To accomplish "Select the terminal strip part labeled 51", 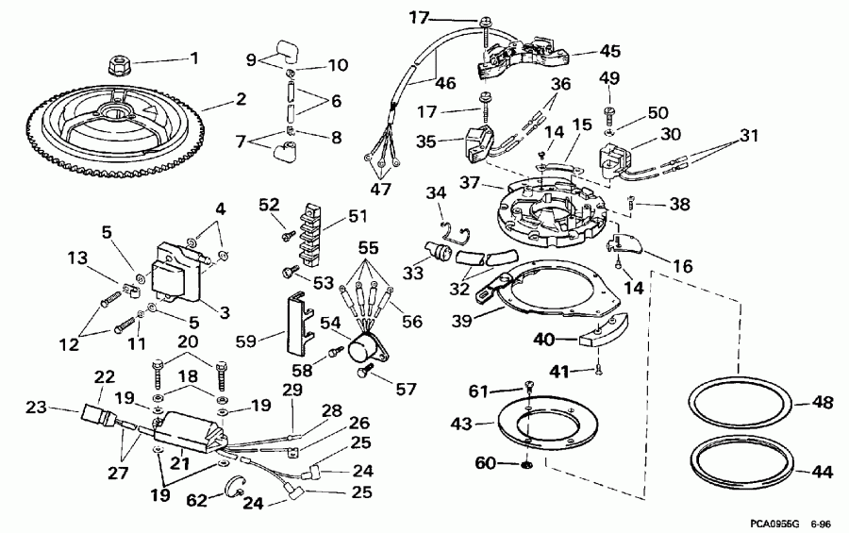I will [304, 232].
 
